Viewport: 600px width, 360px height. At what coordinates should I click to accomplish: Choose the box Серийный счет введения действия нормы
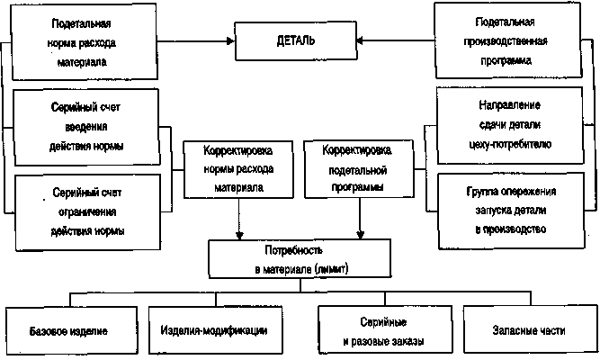[x=87, y=126]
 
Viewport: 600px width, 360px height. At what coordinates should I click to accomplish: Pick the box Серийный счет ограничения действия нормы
[x=87, y=211]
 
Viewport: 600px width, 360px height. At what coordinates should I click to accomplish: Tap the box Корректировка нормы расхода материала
[x=238, y=168]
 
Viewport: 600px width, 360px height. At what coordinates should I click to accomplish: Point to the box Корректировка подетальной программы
[x=359, y=168]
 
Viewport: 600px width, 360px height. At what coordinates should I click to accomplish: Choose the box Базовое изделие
[x=69, y=330]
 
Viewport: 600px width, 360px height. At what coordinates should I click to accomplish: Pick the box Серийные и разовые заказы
[x=383, y=330]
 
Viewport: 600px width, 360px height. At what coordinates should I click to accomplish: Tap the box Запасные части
[x=528, y=330]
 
